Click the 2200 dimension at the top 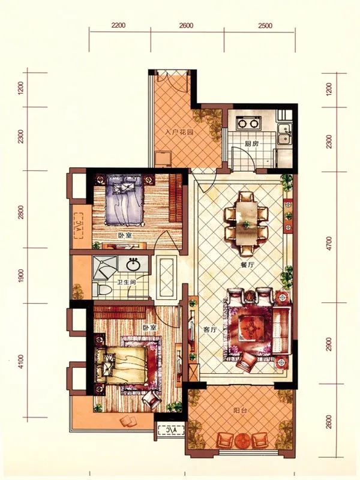118,25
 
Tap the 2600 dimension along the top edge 186,25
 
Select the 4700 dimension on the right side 329,244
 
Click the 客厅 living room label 210,329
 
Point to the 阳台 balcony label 239,411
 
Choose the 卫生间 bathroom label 126,282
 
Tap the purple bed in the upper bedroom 124,199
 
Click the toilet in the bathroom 102,290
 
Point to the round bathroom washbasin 133,264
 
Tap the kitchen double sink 284,134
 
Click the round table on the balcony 244,441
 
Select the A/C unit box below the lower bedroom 170,430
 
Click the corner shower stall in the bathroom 104,267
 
